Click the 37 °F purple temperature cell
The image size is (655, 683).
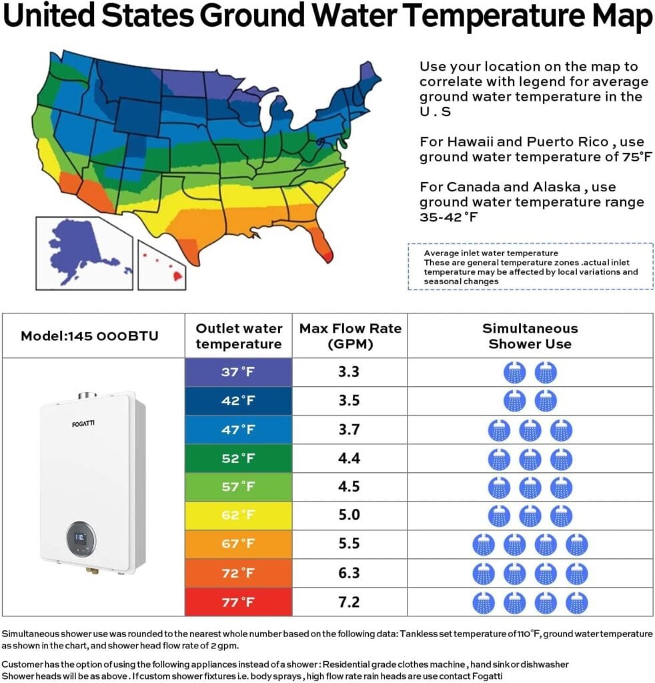pyautogui.click(x=238, y=372)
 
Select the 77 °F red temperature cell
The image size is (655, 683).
pyautogui.click(x=238, y=602)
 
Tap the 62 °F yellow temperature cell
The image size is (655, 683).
pyautogui.click(x=238, y=516)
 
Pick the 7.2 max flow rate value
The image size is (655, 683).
pyautogui.click(x=349, y=602)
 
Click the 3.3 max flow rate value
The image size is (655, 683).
pyautogui.click(x=349, y=372)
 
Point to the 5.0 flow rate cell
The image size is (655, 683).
pyautogui.click(x=349, y=516)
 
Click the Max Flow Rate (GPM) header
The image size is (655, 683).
pyautogui.click(x=350, y=336)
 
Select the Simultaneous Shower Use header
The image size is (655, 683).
pyautogui.click(x=530, y=336)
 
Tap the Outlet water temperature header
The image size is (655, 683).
pyautogui.click(x=239, y=336)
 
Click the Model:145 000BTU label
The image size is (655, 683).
pyautogui.click(x=89, y=336)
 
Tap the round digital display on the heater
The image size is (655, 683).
pyautogui.click(x=81, y=538)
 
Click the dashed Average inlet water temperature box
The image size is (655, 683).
pyautogui.click(x=530, y=267)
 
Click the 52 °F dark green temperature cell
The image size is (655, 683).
pyautogui.click(x=238, y=458)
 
